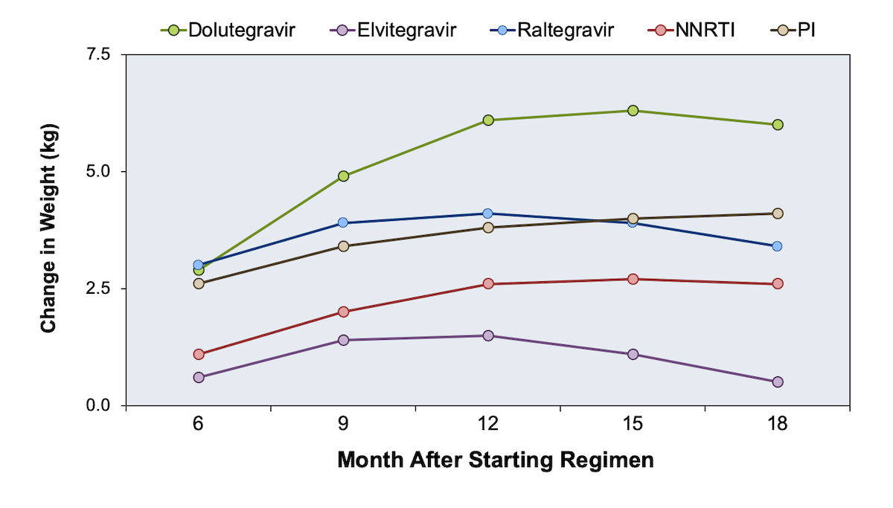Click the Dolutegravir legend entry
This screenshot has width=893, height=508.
(x=228, y=30)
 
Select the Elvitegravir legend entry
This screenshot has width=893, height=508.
(x=393, y=30)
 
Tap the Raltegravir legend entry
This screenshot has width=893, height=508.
(x=552, y=30)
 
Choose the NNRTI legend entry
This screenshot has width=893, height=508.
(x=691, y=30)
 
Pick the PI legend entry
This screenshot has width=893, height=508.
(x=793, y=30)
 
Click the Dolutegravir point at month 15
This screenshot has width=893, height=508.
(x=633, y=110)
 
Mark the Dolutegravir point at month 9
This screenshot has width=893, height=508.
(x=343, y=176)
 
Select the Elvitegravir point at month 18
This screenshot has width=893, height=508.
(x=778, y=382)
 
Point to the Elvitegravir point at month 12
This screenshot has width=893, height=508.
(x=488, y=335)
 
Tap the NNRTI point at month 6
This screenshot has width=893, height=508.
(x=199, y=354)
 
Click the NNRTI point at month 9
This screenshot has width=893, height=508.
(x=343, y=312)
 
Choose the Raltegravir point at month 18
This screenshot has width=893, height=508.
(x=777, y=246)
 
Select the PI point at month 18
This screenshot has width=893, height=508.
(x=778, y=213)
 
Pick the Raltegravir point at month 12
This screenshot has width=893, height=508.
(x=487, y=213)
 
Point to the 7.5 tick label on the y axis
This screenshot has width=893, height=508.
(x=98, y=54)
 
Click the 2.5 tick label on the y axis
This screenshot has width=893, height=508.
(x=98, y=289)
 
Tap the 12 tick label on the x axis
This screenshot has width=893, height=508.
(x=488, y=423)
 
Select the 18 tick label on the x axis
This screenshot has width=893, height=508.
(x=778, y=423)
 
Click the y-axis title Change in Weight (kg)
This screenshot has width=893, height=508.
(x=48, y=228)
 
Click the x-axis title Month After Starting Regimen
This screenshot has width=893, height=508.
(x=496, y=460)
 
